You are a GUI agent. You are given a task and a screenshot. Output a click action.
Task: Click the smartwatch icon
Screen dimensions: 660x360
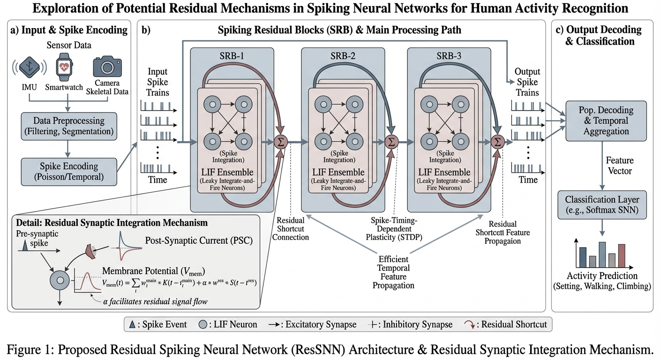(64, 67)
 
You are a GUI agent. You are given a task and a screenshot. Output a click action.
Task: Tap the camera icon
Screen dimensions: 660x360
(107, 67)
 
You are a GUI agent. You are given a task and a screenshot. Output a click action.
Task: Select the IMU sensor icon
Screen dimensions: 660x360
(29, 67)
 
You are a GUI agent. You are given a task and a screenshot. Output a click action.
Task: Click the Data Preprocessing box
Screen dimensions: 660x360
(69, 126)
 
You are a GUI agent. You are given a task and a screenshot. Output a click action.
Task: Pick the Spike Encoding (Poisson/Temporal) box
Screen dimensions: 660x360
(69, 172)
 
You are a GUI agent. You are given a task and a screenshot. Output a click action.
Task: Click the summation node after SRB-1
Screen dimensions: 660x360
(280, 142)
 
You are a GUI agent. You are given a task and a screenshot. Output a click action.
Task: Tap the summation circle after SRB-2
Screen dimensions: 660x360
(391, 142)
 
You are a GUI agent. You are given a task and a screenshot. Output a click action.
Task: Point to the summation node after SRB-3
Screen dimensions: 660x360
(498, 142)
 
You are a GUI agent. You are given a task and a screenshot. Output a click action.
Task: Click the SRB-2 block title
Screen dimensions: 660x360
(343, 56)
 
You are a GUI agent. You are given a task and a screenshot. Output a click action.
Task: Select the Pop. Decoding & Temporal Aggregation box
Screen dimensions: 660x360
(606, 121)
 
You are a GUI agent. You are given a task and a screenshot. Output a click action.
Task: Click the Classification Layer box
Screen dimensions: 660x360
(602, 205)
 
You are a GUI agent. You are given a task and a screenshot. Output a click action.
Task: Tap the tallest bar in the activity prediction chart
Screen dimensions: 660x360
(602, 255)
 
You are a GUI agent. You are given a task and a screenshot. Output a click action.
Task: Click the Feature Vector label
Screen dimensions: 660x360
(620, 165)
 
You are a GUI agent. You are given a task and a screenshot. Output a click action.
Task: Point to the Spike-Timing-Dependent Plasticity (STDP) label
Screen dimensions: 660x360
(394, 229)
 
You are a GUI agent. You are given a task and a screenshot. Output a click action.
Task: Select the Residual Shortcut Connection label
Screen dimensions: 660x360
(291, 229)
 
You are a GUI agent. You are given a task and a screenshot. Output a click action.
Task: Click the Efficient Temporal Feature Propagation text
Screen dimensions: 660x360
(393, 272)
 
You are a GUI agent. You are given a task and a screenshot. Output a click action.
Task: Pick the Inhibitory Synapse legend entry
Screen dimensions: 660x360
(410, 324)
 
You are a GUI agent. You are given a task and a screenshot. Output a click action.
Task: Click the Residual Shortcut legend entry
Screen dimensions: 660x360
(505, 324)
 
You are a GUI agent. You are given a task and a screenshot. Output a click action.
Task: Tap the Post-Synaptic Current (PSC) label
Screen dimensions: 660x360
(199, 240)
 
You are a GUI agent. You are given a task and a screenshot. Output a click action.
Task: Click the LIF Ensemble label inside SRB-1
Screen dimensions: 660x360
(227, 172)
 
